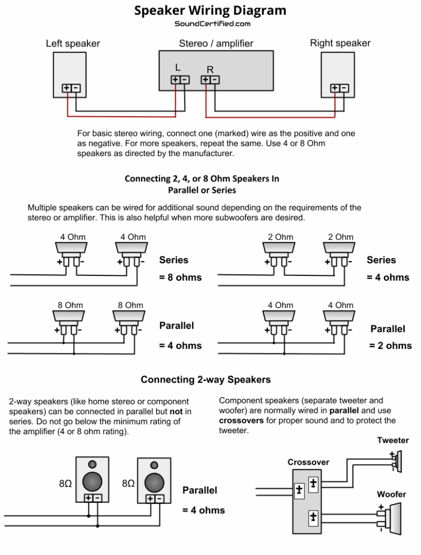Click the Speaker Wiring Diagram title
(210, 10)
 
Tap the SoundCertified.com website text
(212, 24)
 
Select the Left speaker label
(73, 43)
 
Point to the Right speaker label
(340, 43)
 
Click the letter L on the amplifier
(177, 67)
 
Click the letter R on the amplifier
(210, 69)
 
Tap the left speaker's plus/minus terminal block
(71, 88)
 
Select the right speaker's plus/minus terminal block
(340, 88)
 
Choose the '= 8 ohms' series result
(180, 277)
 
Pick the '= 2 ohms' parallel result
(391, 346)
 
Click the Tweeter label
(393, 441)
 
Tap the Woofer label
(392, 494)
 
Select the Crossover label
(308, 462)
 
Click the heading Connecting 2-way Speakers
(206, 380)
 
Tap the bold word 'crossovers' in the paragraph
(242, 421)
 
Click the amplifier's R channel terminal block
(210, 80)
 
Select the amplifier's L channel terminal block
(180, 80)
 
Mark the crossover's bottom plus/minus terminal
(313, 517)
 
